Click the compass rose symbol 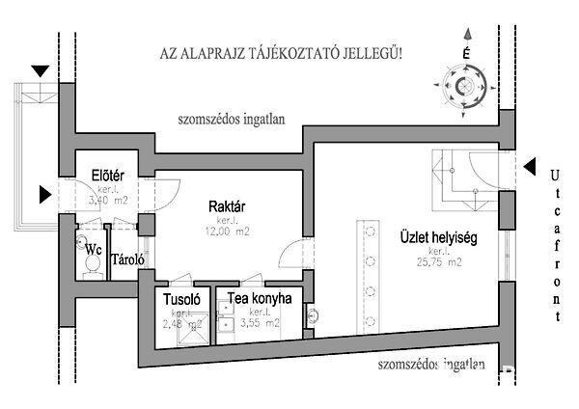[x=467, y=89]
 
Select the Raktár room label [x=229, y=206]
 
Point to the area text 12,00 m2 [x=230, y=232]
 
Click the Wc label [x=94, y=249]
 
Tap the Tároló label [x=128, y=259]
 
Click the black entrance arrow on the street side [x=530, y=167]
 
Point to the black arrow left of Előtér [x=45, y=194]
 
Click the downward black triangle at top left [x=41, y=72]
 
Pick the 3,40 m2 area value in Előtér [x=106, y=202]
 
